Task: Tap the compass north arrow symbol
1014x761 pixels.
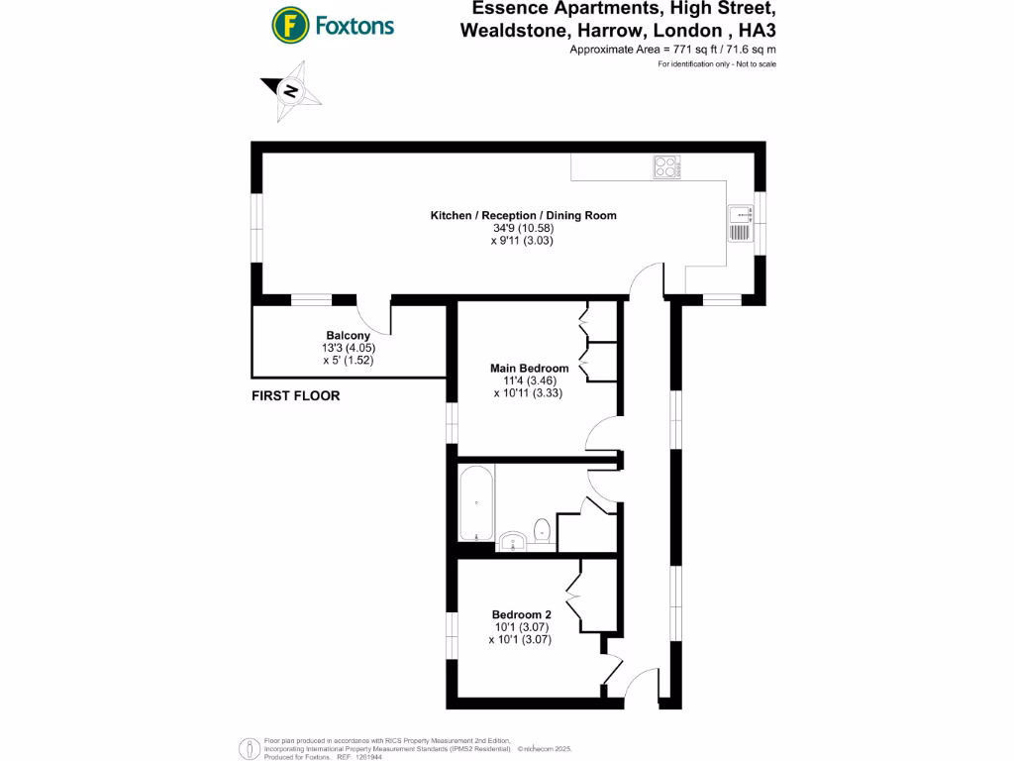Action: click(x=291, y=91)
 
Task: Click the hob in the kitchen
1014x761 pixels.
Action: click(x=665, y=168)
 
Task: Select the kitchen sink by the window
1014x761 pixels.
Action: click(x=740, y=224)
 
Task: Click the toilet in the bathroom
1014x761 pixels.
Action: click(x=541, y=530)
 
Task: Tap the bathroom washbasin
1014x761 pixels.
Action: click(x=513, y=539)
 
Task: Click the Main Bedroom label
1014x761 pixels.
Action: click(x=530, y=368)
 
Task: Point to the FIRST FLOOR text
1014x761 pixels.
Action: click(x=296, y=395)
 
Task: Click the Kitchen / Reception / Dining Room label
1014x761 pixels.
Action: click(x=523, y=215)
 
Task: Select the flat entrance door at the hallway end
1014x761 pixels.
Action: click(x=646, y=684)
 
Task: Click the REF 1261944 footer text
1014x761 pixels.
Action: click(x=359, y=756)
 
